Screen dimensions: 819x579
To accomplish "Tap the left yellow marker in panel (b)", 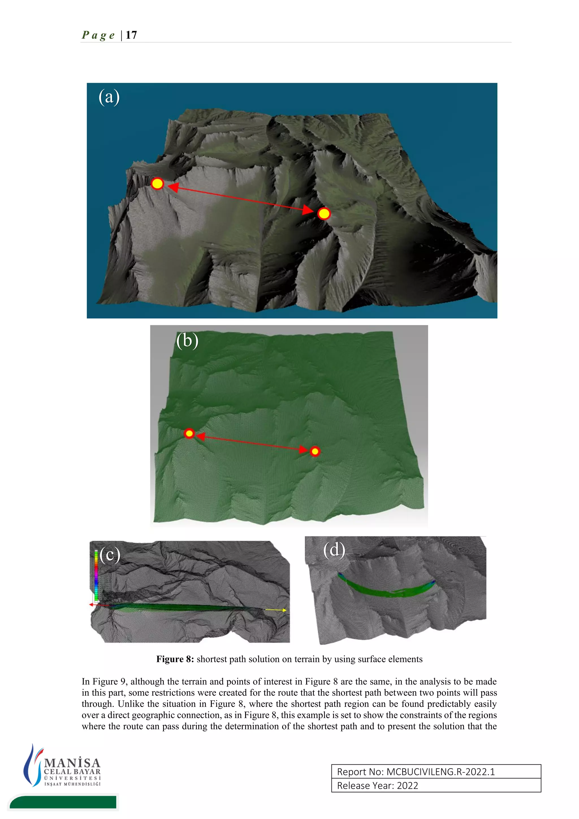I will (x=189, y=434).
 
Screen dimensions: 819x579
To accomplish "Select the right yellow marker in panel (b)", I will (x=315, y=452).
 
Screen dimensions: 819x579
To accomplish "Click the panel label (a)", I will (x=109, y=97).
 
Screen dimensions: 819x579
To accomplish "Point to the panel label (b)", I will (x=187, y=341).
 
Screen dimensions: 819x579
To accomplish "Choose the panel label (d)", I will (x=334, y=550).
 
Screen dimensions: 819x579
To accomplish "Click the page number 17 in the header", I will (x=131, y=35).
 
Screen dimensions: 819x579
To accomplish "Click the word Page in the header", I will (x=98, y=35).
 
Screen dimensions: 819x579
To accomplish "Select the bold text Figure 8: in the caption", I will (x=175, y=659).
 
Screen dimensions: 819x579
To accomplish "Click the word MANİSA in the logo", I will (x=72, y=763).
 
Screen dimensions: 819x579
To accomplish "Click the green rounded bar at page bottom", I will (x=63, y=802).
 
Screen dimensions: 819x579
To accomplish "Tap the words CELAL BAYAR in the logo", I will (x=72, y=771).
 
